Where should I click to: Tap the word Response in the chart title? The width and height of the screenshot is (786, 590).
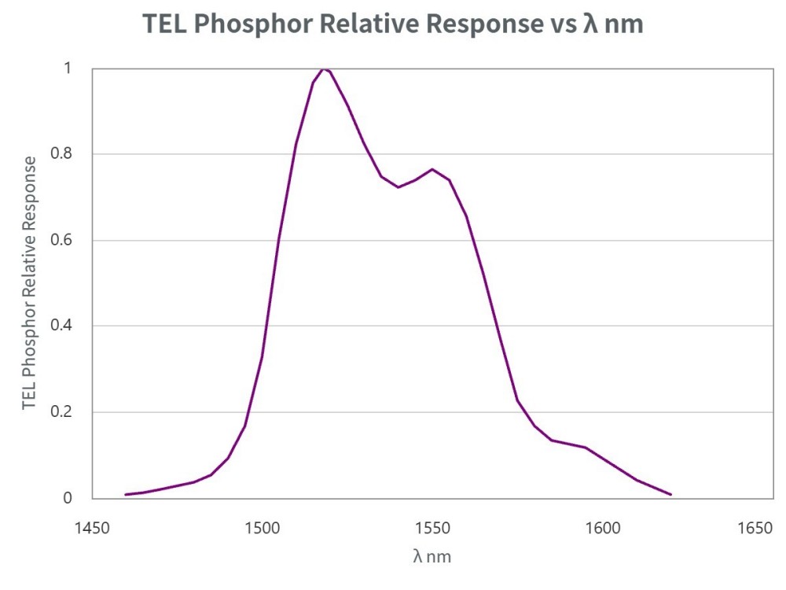(x=478, y=24)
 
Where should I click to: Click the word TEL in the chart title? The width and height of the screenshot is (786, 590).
(x=165, y=24)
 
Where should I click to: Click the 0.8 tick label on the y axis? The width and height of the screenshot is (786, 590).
(x=61, y=154)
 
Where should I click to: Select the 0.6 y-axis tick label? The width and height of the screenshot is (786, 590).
(x=61, y=240)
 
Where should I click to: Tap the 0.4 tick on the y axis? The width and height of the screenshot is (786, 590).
(x=61, y=326)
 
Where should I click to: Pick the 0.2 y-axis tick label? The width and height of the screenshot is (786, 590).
(x=61, y=412)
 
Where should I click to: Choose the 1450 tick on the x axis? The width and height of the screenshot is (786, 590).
(x=93, y=527)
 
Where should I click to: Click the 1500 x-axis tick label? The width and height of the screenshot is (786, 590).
(x=262, y=527)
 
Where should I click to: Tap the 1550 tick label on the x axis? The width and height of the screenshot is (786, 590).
(x=432, y=527)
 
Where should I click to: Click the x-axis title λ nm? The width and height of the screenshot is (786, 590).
(x=432, y=556)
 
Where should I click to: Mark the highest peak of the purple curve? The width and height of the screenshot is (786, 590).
(x=323, y=68)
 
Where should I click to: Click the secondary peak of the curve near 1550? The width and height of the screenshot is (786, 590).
(x=432, y=169)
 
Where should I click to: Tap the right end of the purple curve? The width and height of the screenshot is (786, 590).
(x=670, y=495)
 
